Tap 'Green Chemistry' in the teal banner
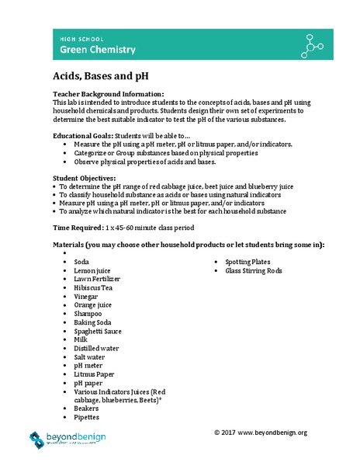(x=99, y=50)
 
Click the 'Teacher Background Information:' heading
(x=108, y=94)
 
